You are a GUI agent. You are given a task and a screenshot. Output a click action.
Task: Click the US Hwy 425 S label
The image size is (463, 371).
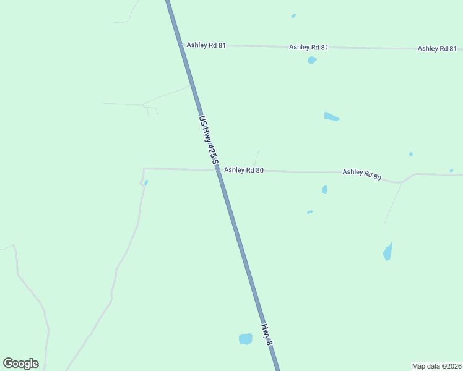tap(209, 140)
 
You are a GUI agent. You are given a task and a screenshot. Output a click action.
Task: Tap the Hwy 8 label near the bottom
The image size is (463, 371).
tap(267, 335)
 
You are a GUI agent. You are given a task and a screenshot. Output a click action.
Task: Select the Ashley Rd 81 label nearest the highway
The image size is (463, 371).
tap(206, 45)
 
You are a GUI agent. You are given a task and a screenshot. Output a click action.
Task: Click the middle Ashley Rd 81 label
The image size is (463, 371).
tap(309, 47)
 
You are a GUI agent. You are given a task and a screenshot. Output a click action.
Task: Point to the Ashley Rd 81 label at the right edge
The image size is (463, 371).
tap(437, 48)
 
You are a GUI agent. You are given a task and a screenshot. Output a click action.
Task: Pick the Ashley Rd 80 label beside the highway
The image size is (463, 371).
tap(244, 170)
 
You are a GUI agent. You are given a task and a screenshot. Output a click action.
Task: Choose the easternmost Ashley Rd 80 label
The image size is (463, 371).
tap(361, 174)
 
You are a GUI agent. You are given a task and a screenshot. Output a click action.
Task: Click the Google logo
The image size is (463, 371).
tap(20, 364)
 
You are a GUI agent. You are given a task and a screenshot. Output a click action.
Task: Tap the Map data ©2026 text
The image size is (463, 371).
tap(436, 365)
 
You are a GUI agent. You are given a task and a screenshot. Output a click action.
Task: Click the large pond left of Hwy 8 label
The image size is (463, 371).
tap(246, 339)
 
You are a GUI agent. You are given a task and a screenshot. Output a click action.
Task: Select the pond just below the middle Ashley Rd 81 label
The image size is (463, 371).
tap(312, 60)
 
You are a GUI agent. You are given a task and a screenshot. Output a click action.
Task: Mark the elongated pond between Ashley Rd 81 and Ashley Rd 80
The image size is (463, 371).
tap(331, 116)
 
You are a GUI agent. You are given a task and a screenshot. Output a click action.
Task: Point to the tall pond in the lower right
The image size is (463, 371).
tap(387, 252)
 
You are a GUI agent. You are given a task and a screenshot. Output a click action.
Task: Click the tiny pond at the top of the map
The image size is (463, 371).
tap(293, 15)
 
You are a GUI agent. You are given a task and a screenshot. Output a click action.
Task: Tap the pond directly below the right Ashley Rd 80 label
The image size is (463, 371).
tap(324, 189)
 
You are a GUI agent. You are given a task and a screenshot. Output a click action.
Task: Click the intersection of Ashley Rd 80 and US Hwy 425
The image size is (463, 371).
tap(217, 170)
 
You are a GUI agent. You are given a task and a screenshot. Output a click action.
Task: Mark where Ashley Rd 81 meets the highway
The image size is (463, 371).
tap(183, 45)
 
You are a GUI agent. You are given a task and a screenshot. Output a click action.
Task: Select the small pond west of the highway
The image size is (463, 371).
tap(146, 182)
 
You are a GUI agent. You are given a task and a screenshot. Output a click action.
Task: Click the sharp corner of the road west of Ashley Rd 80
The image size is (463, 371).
tap(144, 168)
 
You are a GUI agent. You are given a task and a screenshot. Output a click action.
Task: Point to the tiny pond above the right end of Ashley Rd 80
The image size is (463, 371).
tap(451, 170)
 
